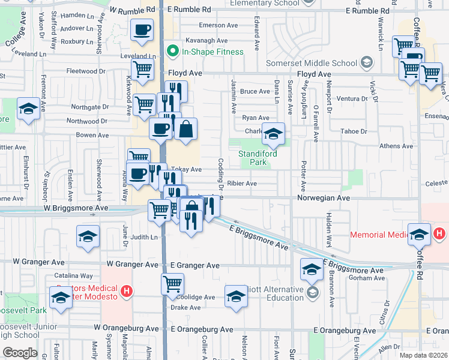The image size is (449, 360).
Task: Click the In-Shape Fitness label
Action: [x=213, y=52]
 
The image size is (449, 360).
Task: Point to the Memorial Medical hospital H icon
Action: [x=439, y=233]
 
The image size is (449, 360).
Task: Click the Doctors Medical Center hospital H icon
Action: [x=126, y=292]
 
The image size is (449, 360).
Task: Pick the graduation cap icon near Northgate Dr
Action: [x=28, y=109]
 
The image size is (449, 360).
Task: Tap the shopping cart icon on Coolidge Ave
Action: [x=172, y=283]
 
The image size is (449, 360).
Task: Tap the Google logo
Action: [x=20, y=353]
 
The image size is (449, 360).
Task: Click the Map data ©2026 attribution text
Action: [x=423, y=355]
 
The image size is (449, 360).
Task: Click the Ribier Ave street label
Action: [x=243, y=184]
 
